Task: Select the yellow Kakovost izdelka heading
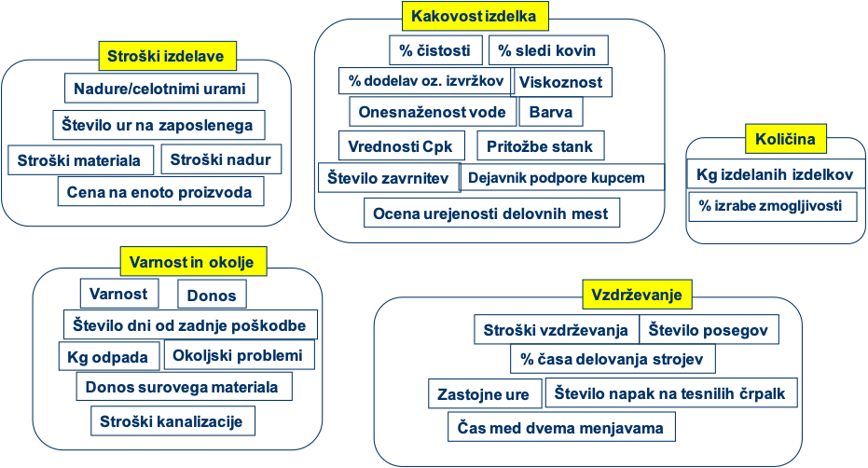[474, 16]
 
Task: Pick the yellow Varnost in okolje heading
[193, 260]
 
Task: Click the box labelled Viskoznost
[562, 82]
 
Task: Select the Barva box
[550, 112]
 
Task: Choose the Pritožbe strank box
[540, 146]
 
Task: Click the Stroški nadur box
[221, 159]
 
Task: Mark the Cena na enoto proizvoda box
[160, 191]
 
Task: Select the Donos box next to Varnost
[212, 296]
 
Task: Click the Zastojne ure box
[484, 393]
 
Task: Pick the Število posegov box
[709, 329]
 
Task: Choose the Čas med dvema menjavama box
[561, 428]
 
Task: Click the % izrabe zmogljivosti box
[772, 205]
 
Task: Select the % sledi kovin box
[549, 49]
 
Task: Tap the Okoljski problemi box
[239, 355]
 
